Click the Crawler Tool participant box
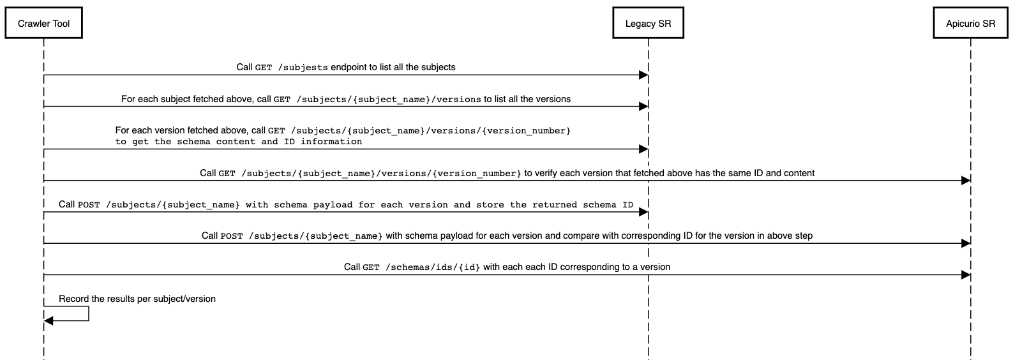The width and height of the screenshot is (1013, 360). tap(43, 24)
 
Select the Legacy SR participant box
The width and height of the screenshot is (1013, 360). tap(648, 24)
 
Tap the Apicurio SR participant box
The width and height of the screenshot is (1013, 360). tap(970, 24)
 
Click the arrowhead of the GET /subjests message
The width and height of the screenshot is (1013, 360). tap(643, 75)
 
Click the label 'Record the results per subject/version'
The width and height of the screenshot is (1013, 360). tap(137, 299)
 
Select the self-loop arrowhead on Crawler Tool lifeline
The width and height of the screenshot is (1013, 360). tap(49, 320)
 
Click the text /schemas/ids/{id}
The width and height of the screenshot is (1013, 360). tap(432, 267)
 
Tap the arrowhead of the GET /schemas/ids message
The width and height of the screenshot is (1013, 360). tap(966, 274)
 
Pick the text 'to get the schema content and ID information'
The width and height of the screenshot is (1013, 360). tap(239, 142)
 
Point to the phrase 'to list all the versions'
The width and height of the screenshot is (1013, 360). tap(527, 99)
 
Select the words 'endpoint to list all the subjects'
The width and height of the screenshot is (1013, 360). tap(393, 67)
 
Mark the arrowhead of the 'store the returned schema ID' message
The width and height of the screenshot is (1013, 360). tap(643, 213)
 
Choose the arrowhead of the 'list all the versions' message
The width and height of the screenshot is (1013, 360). tap(643, 107)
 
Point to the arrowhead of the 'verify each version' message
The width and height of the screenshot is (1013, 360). tap(966, 181)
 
